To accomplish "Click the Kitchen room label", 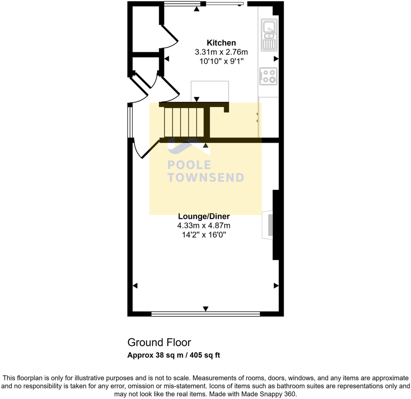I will point(221,43).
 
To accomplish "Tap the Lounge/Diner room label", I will point(204,216).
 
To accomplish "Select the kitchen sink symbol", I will point(269,35).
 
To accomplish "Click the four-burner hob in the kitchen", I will point(268,76).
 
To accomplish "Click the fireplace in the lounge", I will point(268,225).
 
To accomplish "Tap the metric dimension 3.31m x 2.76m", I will point(221,52).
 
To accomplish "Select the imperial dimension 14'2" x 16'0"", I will point(204,235).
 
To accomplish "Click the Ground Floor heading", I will point(159,342).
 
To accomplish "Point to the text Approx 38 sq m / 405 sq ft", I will point(173,355).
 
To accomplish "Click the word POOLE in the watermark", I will point(189,165).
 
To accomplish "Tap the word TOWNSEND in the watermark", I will point(206,178).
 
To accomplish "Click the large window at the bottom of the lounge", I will point(206,314).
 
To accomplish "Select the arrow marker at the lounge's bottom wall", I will point(206,309).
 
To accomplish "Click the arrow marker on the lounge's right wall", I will point(276,286).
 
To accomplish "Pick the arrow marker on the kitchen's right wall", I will point(276,59).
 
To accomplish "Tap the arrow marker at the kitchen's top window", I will point(197,9).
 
